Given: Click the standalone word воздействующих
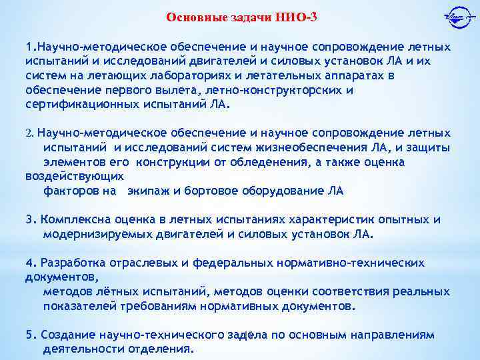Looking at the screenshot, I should click(x=75, y=177).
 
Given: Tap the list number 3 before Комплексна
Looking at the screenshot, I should click(x=29, y=219).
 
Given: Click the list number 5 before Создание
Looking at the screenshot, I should click(x=29, y=335).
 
